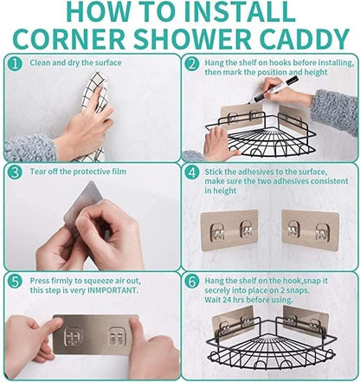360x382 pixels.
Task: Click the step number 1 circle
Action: click(x=15, y=64)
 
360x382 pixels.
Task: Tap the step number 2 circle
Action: click(x=191, y=64)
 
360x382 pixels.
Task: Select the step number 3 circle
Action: click(x=15, y=173)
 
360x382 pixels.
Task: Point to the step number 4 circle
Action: click(x=191, y=173)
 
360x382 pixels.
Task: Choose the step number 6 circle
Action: click(x=191, y=282)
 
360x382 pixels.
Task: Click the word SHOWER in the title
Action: click(x=192, y=39)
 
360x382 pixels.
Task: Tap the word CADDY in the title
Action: click(x=305, y=39)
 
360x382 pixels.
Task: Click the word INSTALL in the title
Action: click(x=241, y=11)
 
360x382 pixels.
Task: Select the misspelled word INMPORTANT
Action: click(x=112, y=290)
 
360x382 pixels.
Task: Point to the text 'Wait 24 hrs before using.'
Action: click(x=248, y=300)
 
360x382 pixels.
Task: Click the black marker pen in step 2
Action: click(x=273, y=89)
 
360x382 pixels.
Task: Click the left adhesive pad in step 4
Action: click(x=229, y=230)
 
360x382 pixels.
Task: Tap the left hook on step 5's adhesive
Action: click(x=74, y=336)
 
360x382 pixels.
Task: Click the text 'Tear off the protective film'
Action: click(x=78, y=172)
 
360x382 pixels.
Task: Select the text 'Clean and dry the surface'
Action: click(x=75, y=62)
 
